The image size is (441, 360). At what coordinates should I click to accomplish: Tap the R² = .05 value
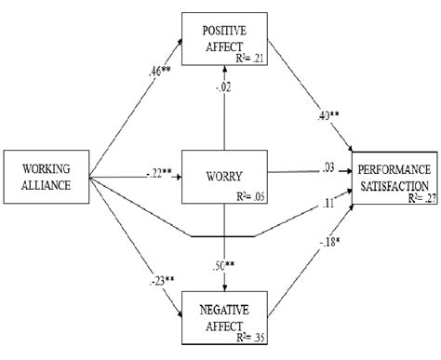244,196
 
